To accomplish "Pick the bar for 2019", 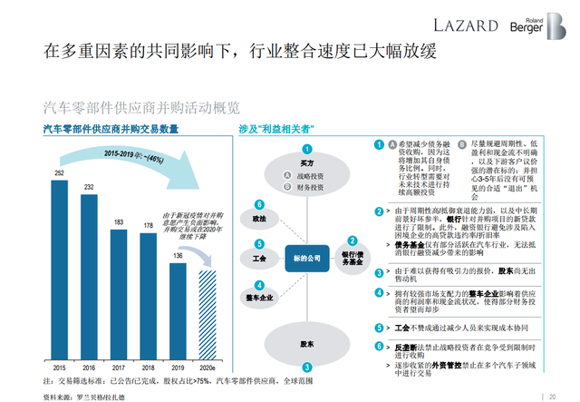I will [178, 309].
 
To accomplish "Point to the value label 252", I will [59, 172].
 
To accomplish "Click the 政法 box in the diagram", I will [259, 219].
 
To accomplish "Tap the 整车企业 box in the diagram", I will [259, 298].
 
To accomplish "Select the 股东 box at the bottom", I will [307, 345].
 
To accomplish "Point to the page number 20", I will [552, 395].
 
